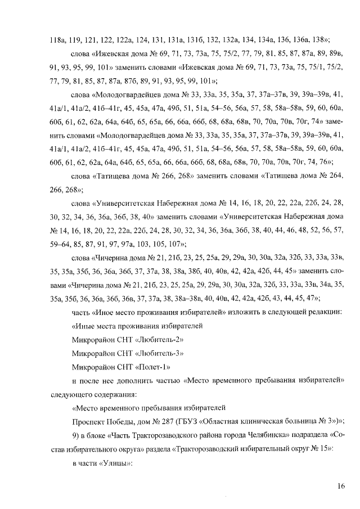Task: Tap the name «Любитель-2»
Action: (x=162, y=340)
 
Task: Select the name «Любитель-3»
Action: (x=162, y=354)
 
